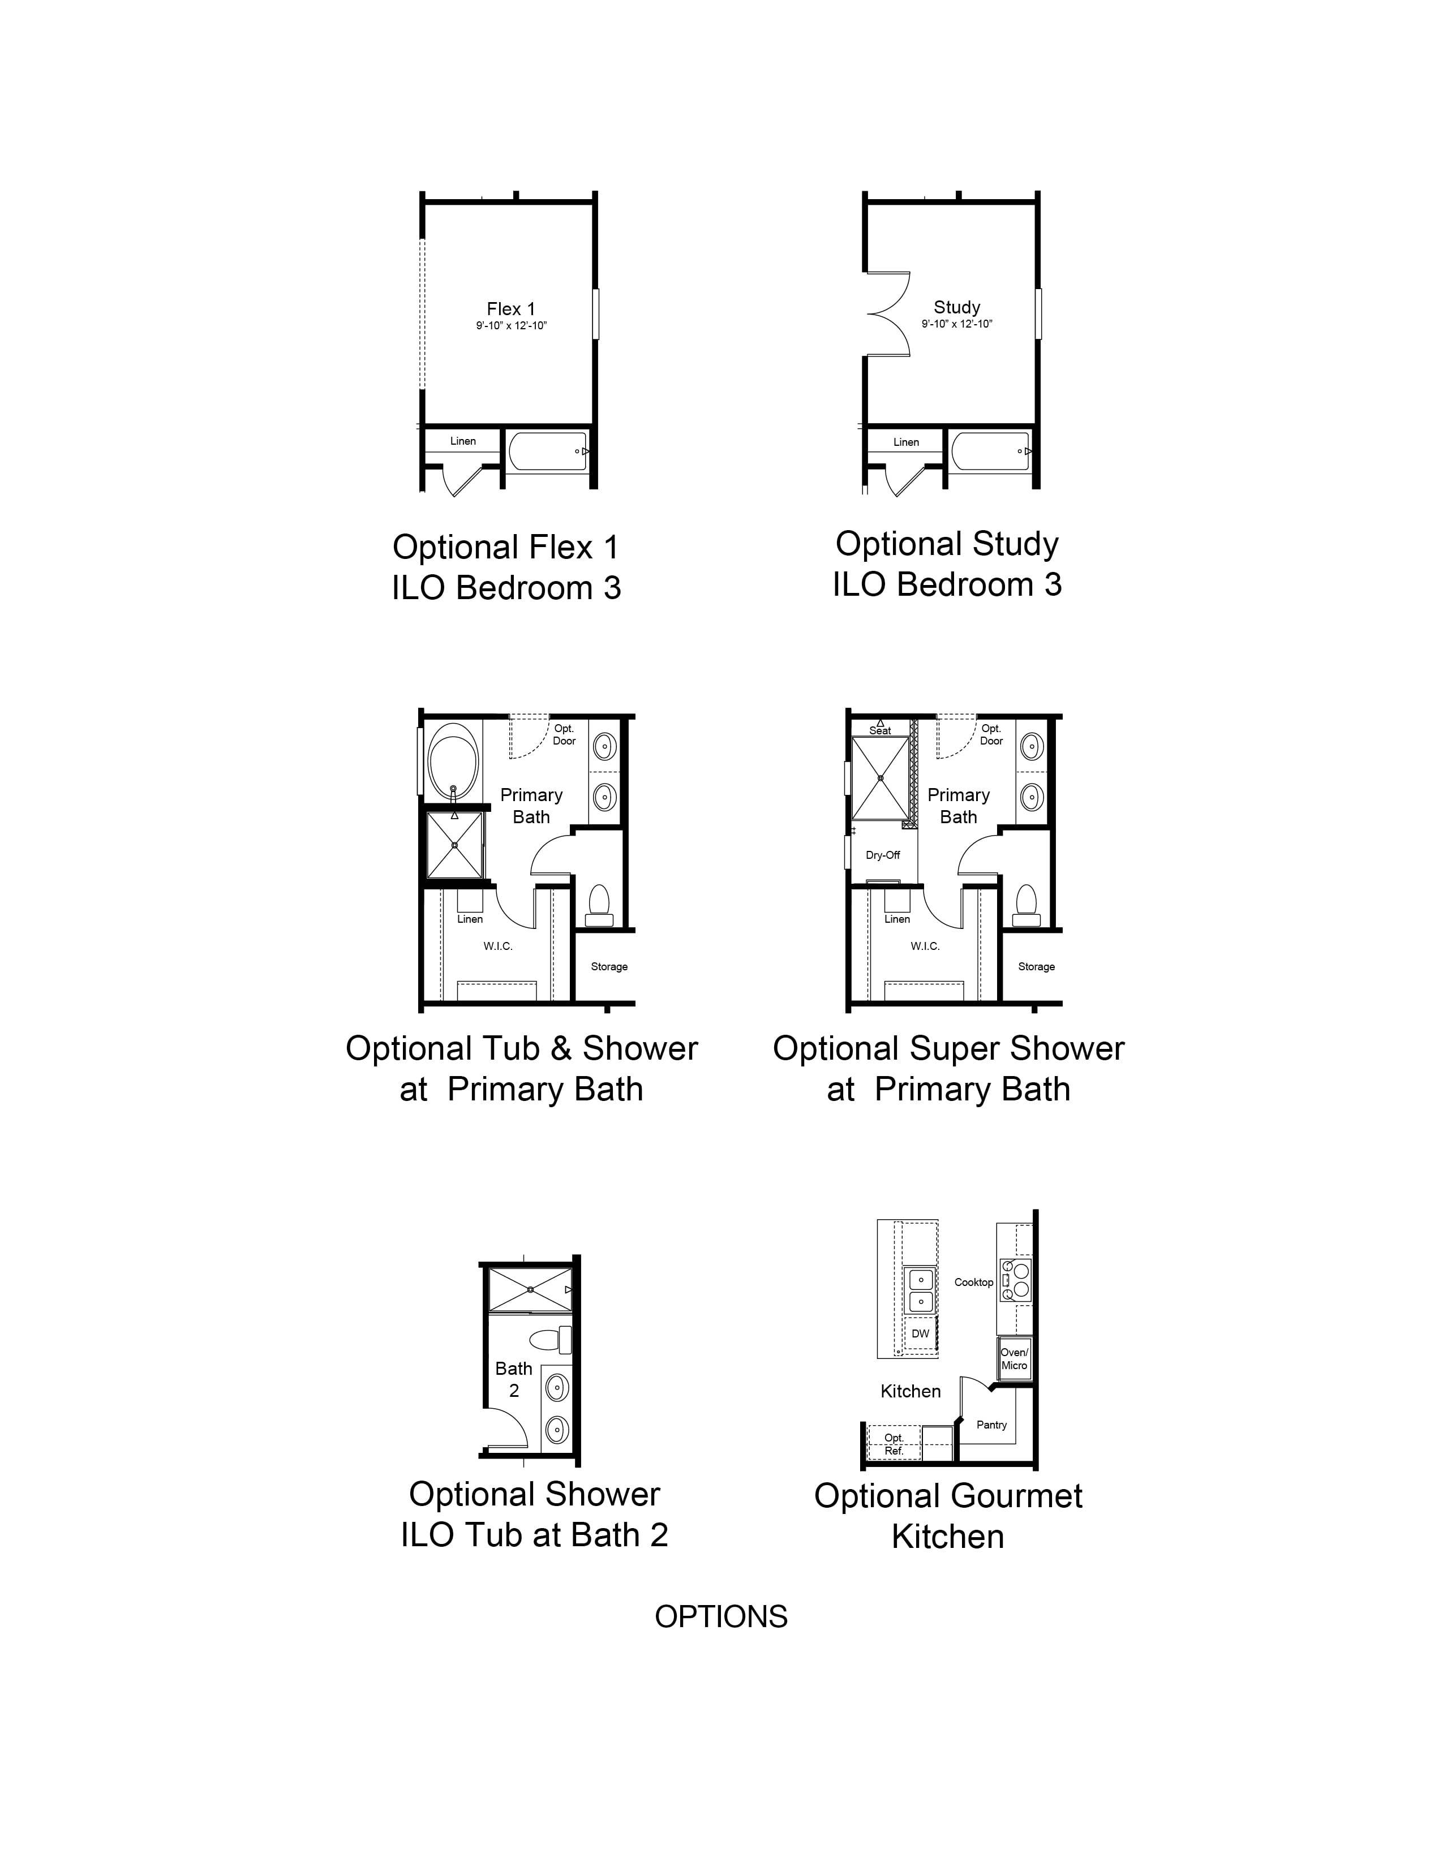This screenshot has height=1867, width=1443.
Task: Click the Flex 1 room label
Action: pyautogui.click(x=511, y=308)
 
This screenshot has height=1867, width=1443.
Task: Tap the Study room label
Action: pyautogui.click(x=956, y=307)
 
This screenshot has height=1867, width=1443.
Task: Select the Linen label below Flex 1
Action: pyautogui.click(x=462, y=441)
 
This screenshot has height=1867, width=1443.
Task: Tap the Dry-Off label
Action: pyautogui.click(x=882, y=855)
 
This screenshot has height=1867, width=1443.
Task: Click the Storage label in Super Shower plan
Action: pyautogui.click(x=1036, y=967)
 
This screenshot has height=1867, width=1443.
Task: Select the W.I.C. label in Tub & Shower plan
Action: pyautogui.click(x=497, y=947)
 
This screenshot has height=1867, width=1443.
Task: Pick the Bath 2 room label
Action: pyautogui.click(x=514, y=1379)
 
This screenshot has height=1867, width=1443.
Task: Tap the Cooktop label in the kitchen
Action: pyautogui.click(x=974, y=1282)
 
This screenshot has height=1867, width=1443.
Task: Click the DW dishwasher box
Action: pyautogui.click(x=920, y=1333)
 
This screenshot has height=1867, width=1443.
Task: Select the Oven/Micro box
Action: pyautogui.click(x=1015, y=1358)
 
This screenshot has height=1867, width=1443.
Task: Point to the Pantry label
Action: pyautogui.click(x=991, y=1425)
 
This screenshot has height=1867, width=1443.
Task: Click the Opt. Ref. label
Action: pyautogui.click(x=894, y=1445)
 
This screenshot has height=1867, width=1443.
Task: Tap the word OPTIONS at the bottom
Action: pyautogui.click(x=720, y=1616)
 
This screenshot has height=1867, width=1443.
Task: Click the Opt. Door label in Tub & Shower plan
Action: pyautogui.click(x=564, y=735)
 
